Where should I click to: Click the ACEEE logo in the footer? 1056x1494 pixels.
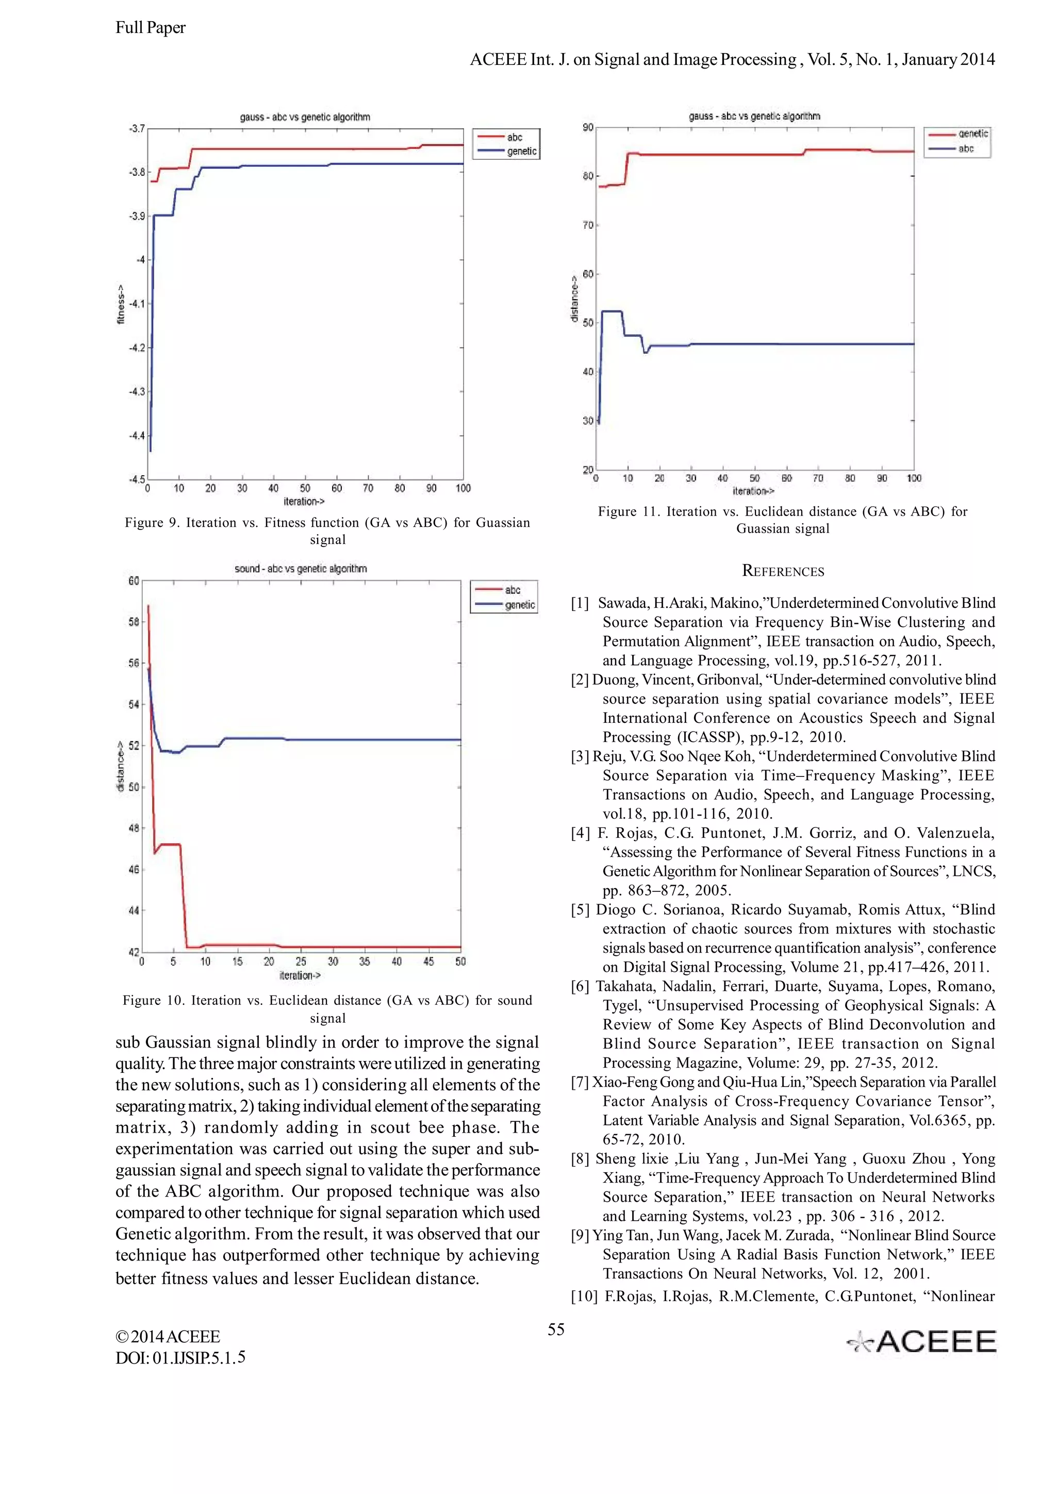click(921, 1341)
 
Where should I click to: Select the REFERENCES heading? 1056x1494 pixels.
click(783, 571)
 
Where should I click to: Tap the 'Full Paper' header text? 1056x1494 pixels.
click(150, 28)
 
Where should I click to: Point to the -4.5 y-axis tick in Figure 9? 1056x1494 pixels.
click(136, 479)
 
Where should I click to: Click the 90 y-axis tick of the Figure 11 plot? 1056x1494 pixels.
click(587, 127)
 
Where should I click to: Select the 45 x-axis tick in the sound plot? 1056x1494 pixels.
click(428, 961)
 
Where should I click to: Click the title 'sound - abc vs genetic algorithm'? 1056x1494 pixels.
click(301, 569)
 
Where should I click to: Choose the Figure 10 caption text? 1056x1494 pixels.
click(327, 1008)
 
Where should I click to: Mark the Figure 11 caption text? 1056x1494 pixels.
click(783, 520)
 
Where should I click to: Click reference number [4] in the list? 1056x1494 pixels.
click(581, 833)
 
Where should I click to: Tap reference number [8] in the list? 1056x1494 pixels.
click(581, 1159)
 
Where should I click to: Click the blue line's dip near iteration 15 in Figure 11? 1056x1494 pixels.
click(646, 352)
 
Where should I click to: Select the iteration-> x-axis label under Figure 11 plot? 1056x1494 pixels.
click(753, 491)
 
